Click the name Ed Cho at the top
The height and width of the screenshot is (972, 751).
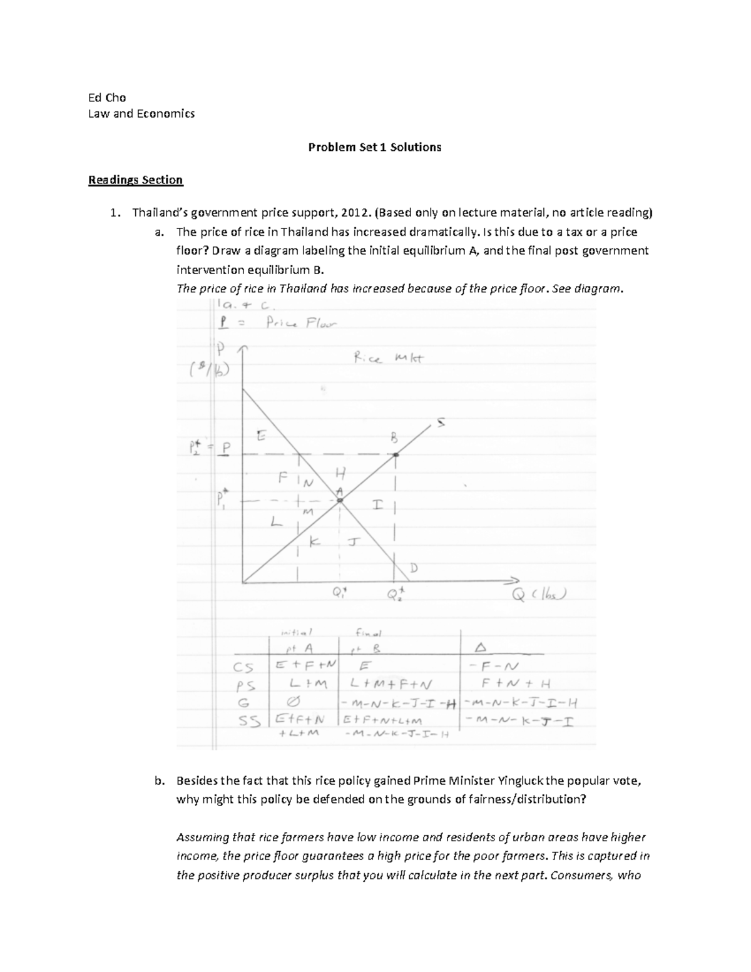pyautogui.click(x=107, y=97)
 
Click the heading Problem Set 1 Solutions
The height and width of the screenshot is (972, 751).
pyautogui.click(x=374, y=147)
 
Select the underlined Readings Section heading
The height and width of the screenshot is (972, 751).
pyautogui.click(x=135, y=180)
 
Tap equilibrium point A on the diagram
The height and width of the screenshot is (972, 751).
pyautogui.click(x=339, y=499)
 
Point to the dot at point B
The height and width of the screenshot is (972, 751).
pyautogui.click(x=396, y=455)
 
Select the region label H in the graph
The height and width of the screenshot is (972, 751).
pyautogui.click(x=340, y=473)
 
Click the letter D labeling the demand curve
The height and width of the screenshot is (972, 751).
pyautogui.click(x=413, y=568)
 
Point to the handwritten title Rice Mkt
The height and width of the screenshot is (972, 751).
pyautogui.click(x=388, y=359)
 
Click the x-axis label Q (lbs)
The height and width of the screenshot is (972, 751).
pyautogui.click(x=539, y=595)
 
